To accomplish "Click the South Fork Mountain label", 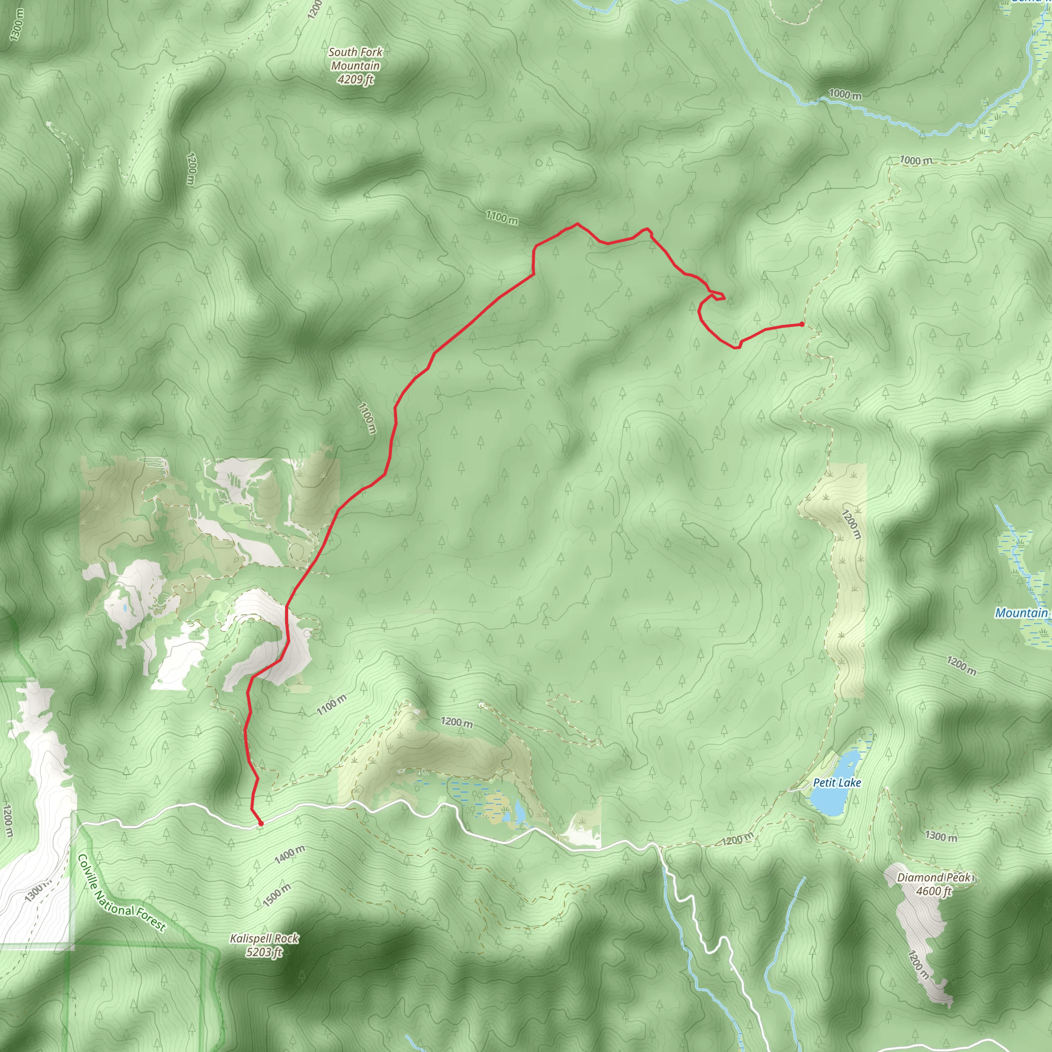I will click(x=355, y=59).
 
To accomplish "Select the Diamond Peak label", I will click(x=934, y=877).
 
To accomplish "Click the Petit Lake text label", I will click(x=837, y=782).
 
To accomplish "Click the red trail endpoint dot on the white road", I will click(x=261, y=824).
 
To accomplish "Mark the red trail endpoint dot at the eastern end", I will click(x=801, y=324).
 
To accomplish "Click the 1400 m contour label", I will click(x=290, y=854).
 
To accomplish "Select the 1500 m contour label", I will click(x=277, y=895).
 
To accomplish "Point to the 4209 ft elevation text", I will click(x=355, y=80).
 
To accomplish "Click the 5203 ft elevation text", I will click(x=264, y=952).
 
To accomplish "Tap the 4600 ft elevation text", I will click(x=933, y=891).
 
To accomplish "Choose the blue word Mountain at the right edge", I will click(x=1022, y=613).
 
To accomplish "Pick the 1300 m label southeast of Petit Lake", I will click(x=941, y=835).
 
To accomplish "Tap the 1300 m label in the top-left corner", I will click(x=17, y=25).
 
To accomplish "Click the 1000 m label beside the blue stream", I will click(x=845, y=94).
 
